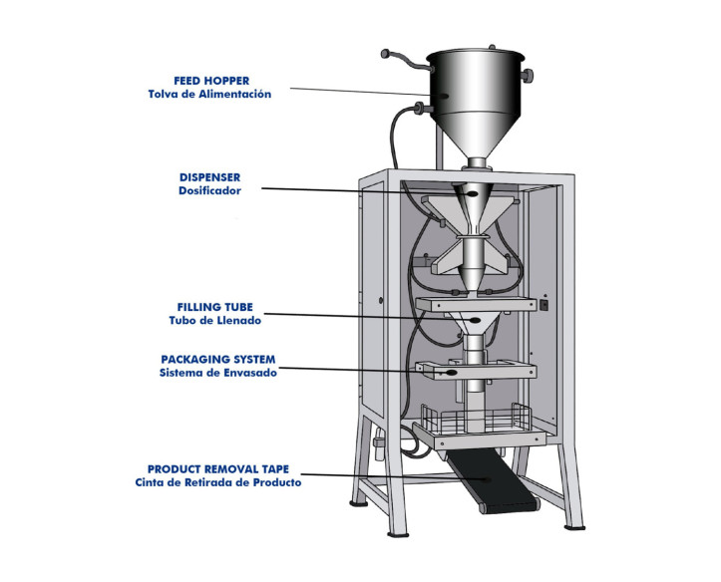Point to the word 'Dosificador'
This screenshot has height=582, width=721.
pyautogui.click(x=209, y=190)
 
